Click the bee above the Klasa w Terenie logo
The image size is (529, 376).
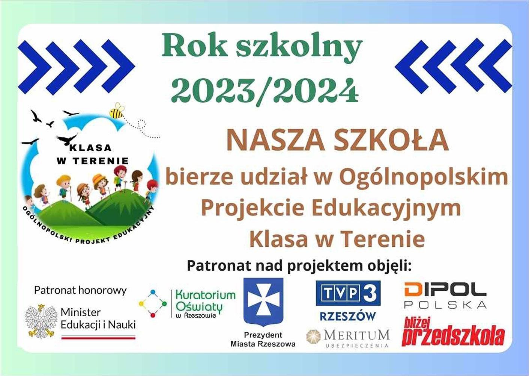[x=117, y=111]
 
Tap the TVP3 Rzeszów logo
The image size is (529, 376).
[x=348, y=300]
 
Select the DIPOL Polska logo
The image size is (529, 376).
[x=445, y=295]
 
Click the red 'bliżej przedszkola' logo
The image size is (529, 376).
[x=453, y=331]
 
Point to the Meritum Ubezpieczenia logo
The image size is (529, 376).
[x=348, y=338]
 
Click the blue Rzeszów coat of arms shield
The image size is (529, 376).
[x=263, y=302]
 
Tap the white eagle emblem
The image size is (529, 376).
[x=41, y=321]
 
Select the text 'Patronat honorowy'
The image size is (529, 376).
[x=80, y=290]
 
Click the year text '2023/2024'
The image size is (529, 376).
[x=265, y=91]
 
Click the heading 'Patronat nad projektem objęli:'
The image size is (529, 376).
[x=299, y=266]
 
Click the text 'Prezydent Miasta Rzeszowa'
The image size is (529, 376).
[x=263, y=339]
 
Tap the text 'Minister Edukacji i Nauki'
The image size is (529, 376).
[x=98, y=319]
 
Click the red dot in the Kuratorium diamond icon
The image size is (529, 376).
[x=153, y=315]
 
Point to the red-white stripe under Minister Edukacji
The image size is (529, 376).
[x=98, y=337]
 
